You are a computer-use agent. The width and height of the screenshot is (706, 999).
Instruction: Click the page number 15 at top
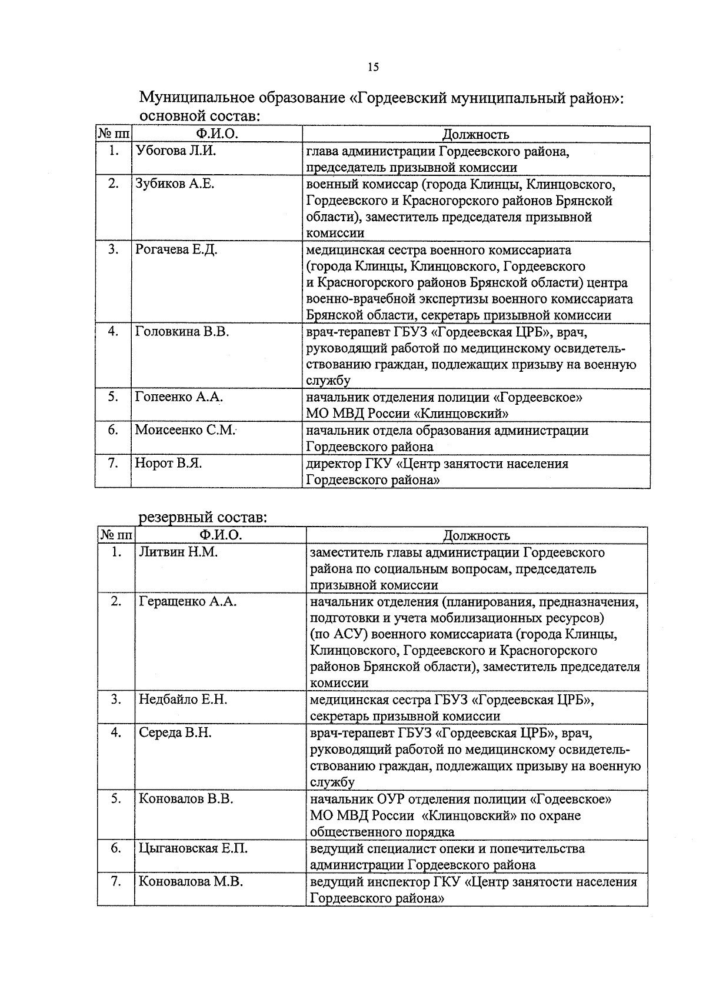(373, 67)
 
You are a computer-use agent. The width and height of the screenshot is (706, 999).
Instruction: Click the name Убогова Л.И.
(176, 151)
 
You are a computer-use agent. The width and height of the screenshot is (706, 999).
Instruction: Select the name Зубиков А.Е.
(175, 184)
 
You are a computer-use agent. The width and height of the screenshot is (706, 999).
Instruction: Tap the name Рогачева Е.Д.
(176, 250)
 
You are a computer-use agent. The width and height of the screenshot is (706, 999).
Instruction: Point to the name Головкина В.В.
(182, 332)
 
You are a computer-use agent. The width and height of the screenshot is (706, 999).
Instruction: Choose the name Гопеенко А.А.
(179, 397)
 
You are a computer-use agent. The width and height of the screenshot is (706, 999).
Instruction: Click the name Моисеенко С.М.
(185, 430)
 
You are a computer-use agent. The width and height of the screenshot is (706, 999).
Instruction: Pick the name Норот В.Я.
(168, 464)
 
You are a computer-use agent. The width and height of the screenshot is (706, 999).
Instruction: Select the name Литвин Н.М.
(178, 552)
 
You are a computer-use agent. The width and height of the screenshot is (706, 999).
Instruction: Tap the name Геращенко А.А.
(188, 602)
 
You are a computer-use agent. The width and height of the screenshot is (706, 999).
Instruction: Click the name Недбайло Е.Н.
(183, 700)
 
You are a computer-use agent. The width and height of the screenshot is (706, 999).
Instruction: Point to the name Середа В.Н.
(175, 733)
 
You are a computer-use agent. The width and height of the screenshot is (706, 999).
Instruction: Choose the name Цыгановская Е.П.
(193, 849)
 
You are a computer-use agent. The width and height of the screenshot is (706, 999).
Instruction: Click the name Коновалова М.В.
(191, 882)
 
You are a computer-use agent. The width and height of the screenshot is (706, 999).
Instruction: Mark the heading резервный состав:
(203, 518)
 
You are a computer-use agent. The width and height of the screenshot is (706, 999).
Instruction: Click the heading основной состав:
(199, 116)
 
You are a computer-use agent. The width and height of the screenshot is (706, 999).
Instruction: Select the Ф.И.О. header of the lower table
(221, 535)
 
